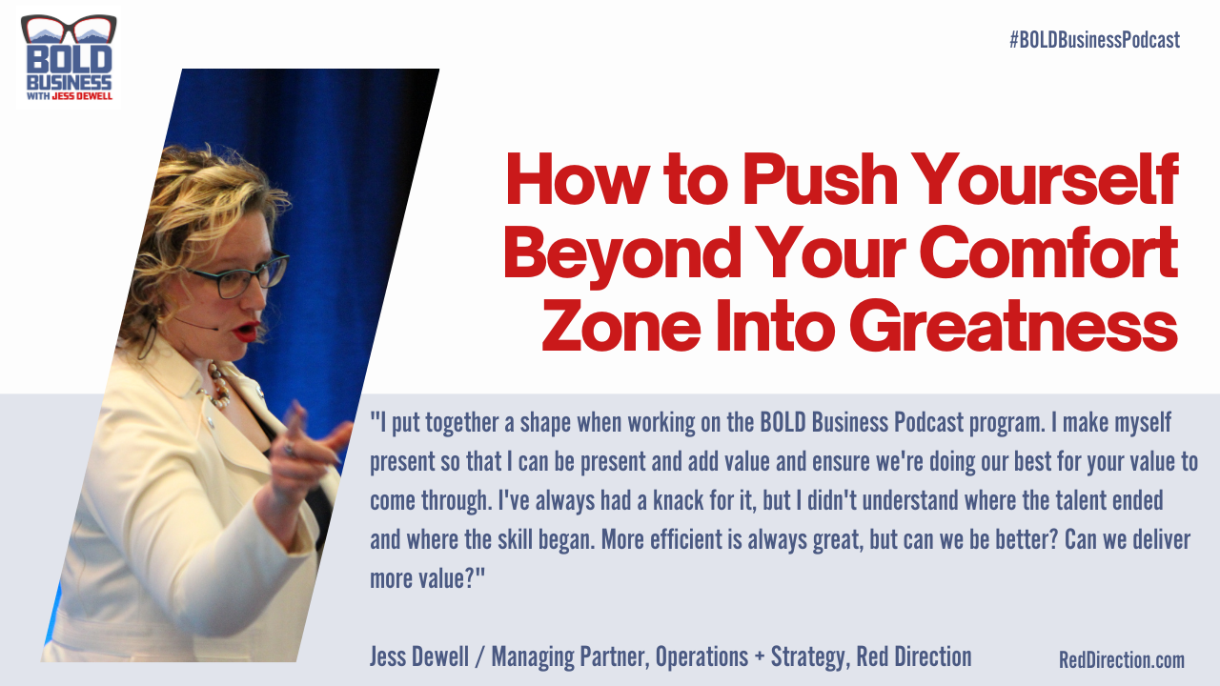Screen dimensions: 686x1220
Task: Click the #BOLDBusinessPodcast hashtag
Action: (x=1094, y=40)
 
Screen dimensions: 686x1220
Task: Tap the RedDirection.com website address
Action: (x=1121, y=659)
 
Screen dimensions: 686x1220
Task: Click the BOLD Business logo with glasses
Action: (x=68, y=59)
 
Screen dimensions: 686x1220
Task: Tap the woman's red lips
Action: (x=246, y=331)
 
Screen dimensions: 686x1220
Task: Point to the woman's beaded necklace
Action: (x=218, y=383)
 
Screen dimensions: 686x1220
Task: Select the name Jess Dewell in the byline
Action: (x=416, y=656)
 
